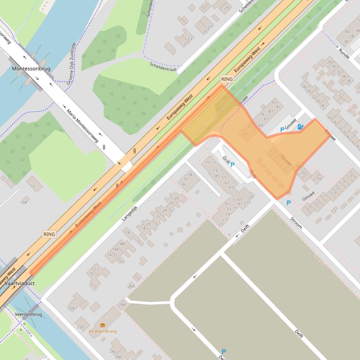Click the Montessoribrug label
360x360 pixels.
click(x=31, y=69)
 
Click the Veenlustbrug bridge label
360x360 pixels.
click(x=28, y=314)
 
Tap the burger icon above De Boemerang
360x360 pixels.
click(x=103, y=325)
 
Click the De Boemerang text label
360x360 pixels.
click(x=103, y=331)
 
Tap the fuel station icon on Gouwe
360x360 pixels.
click(x=300, y=126)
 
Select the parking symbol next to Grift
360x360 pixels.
click(x=232, y=165)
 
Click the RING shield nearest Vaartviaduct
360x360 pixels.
click(x=49, y=234)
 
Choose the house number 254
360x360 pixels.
click(x=71, y=309)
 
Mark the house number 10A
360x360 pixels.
click(x=23, y=202)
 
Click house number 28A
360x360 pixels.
click(x=122, y=304)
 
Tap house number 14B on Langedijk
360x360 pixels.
click(x=121, y=244)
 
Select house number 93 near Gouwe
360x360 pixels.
click(x=274, y=102)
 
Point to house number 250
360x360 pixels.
click(x=80, y=327)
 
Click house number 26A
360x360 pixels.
click(x=131, y=286)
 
